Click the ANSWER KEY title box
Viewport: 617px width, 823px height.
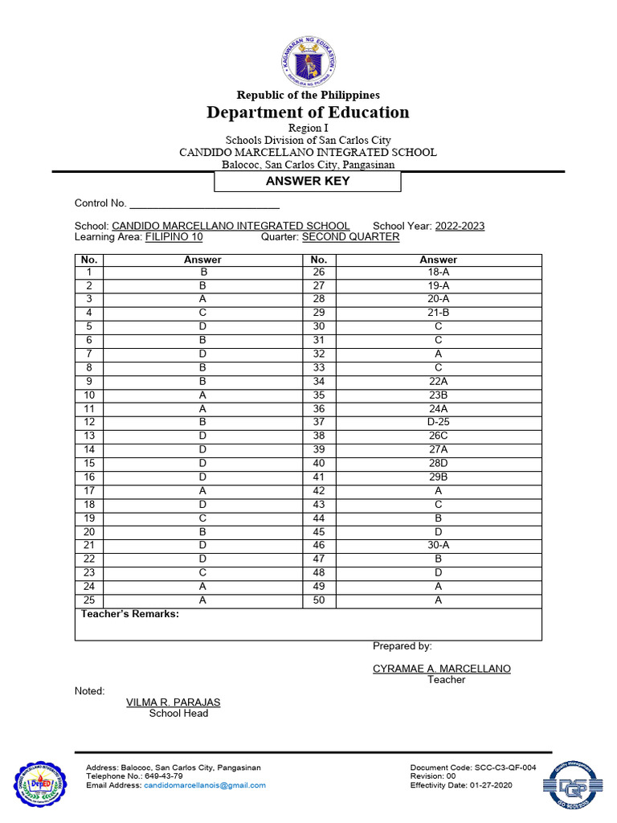[x=308, y=181]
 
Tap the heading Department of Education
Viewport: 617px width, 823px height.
[x=308, y=113]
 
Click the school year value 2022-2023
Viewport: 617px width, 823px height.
[x=460, y=226]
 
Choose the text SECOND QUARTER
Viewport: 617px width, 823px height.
[x=350, y=237]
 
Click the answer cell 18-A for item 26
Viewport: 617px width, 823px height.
[x=438, y=272]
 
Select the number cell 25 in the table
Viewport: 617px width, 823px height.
[x=89, y=600]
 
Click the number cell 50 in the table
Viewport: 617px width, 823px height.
[x=319, y=600]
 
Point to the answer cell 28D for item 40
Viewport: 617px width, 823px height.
[x=438, y=464]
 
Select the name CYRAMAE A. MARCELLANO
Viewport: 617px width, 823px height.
[x=441, y=669]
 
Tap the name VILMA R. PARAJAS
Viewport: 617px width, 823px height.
[x=173, y=702]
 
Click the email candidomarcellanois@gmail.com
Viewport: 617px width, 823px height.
[x=205, y=785]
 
